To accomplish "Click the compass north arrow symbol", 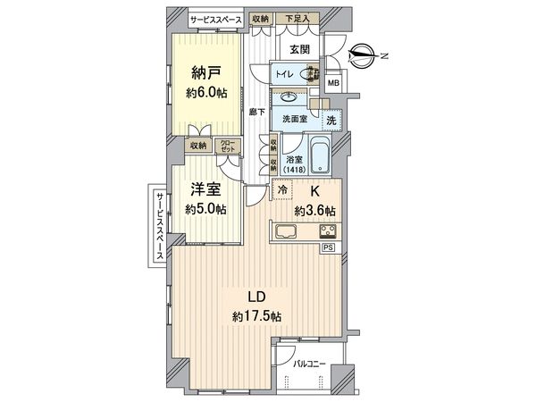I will (x=361, y=54).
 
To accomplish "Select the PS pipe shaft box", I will (x=329, y=247).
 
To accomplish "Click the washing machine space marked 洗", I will (x=330, y=120).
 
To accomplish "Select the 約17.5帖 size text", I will (x=255, y=316).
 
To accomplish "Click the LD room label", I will (x=255, y=297).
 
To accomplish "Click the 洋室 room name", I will (x=205, y=189).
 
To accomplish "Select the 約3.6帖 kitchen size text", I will (x=315, y=211).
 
